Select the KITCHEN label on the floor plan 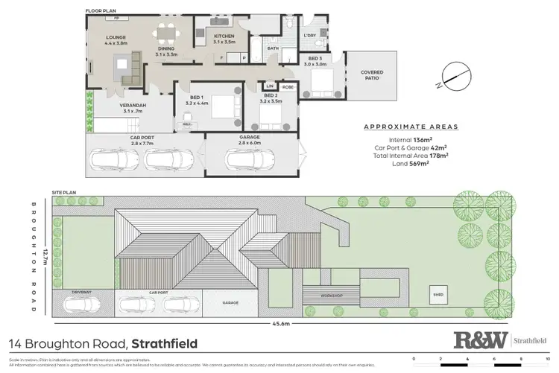[224, 36]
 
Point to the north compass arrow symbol [452, 74]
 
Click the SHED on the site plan [438, 296]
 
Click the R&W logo [481, 341]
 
